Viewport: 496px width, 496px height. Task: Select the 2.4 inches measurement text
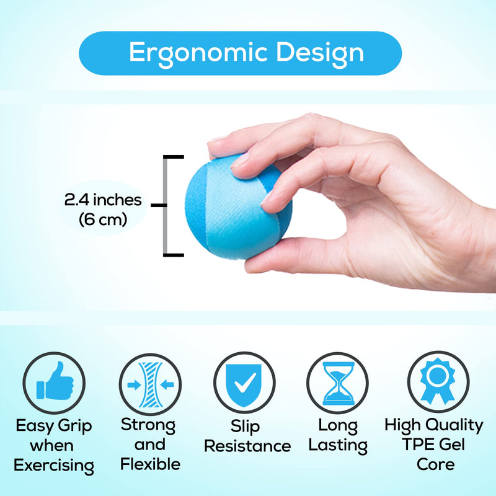point(103,200)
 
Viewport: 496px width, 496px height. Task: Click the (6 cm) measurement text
point(103,219)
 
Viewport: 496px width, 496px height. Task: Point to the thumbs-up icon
point(55,383)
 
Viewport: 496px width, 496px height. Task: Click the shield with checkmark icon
point(244,383)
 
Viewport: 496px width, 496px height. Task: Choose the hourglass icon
point(338,383)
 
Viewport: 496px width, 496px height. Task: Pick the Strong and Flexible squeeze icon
point(150,383)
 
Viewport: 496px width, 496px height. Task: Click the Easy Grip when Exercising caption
point(54,445)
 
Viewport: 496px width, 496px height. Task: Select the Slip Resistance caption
point(247,436)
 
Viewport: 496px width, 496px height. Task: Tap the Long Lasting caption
point(338,435)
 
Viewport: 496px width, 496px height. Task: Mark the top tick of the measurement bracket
point(174,156)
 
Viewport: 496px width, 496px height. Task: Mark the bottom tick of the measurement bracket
point(174,254)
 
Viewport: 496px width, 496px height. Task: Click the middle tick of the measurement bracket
point(160,205)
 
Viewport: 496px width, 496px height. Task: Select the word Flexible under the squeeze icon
point(150,464)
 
